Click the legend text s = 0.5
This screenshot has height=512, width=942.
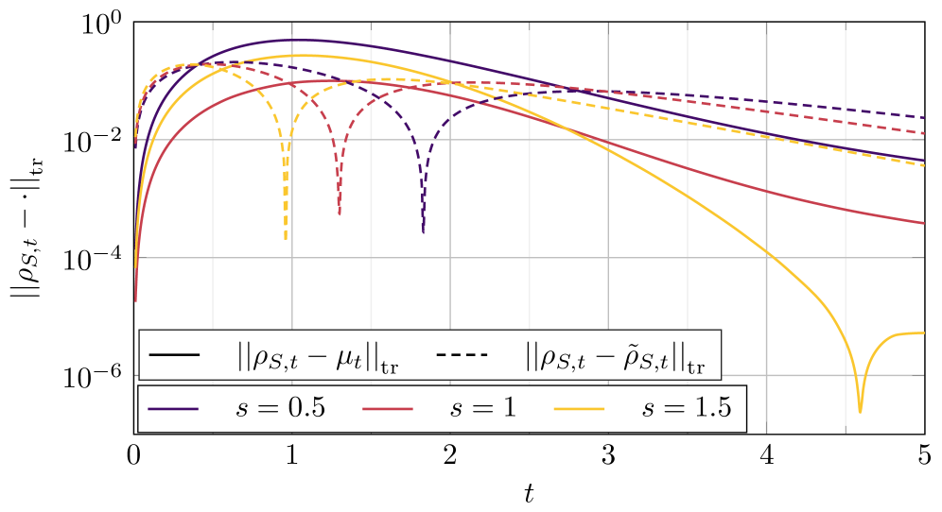coord(281,409)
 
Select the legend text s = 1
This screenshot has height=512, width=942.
coord(483,409)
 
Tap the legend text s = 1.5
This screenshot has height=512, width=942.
coord(686,409)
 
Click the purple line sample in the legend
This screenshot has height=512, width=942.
coord(174,409)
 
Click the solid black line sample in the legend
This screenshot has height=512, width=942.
coord(174,355)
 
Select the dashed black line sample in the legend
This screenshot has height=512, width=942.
coord(462,355)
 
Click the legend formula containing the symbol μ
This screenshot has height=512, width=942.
coord(318,356)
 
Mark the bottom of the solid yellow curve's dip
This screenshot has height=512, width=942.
coord(860,411)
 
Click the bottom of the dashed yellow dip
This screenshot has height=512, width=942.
coord(286,238)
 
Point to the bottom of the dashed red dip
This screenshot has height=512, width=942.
coord(340,214)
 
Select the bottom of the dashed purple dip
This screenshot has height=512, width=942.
coord(423,231)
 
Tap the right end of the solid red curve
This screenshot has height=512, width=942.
coord(924,224)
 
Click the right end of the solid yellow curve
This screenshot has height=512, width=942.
coord(924,333)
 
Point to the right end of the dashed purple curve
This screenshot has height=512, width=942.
coord(924,117)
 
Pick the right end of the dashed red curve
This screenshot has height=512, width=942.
coord(924,133)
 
